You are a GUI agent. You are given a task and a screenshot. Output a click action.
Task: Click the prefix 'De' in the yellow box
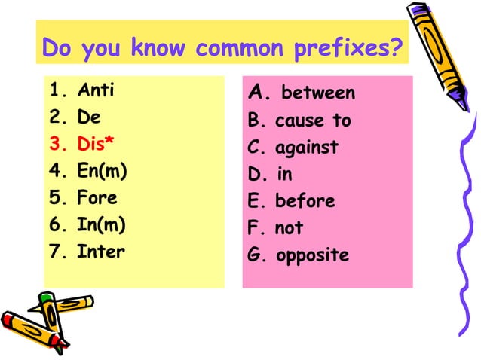(x=88, y=118)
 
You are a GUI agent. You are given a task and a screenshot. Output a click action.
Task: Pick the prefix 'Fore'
(x=97, y=199)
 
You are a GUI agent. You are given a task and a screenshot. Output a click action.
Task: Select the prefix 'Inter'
(x=100, y=252)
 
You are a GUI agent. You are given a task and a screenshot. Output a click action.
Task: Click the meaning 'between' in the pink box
(x=317, y=94)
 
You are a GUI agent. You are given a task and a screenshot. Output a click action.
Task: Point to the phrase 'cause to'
(x=313, y=121)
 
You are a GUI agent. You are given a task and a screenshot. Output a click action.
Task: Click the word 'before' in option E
(x=305, y=202)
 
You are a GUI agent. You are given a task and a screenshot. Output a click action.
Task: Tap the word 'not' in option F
(x=288, y=228)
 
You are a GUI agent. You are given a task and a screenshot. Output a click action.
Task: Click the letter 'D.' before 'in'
(x=257, y=175)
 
